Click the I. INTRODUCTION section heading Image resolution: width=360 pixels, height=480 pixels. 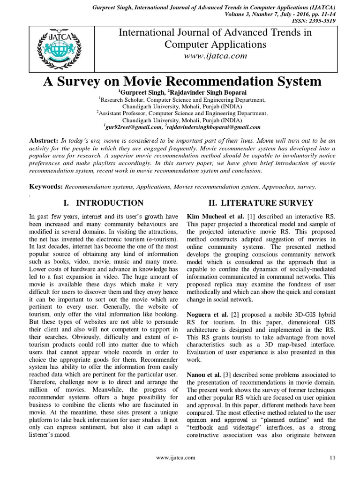[x=103, y=203]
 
